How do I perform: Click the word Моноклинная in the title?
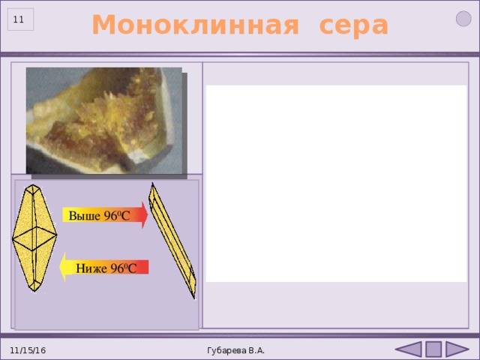[195, 25]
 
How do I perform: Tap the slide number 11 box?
[20, 19]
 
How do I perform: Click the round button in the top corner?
[463, 19]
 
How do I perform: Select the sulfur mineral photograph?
[104, 121]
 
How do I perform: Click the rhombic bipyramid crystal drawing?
[34, 238]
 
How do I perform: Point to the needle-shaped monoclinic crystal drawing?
[172, 241]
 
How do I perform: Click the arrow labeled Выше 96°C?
[105, 215]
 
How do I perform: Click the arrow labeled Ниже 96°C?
[103, 267]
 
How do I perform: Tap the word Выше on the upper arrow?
[85, 216]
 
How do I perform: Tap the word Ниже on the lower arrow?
[91, 268]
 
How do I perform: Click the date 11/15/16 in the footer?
[28, 350]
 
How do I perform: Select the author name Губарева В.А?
[235, 350]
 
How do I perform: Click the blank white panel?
[337, 184]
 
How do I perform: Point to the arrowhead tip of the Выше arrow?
[148, 215]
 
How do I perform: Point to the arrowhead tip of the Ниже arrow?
[59, 267]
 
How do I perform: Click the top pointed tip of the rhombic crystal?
[33, 184]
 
